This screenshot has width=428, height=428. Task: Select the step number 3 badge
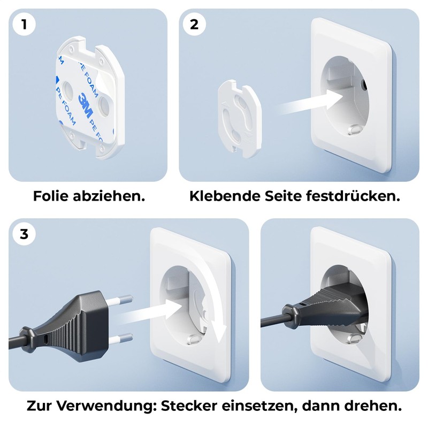click(23, 234)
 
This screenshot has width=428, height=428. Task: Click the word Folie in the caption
click(51, 196)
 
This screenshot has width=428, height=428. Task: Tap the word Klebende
click(224, 196)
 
